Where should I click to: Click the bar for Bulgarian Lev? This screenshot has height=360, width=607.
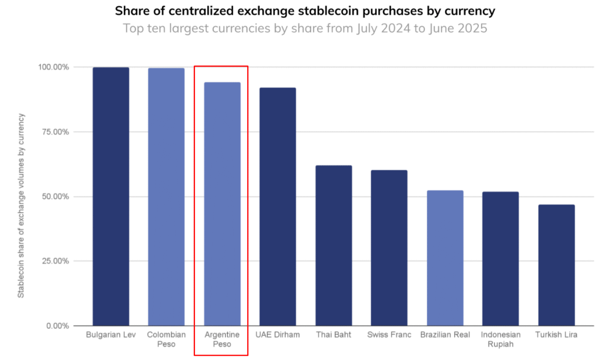[x=110, y=196]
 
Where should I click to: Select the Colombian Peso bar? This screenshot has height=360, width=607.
[x=166, y=196]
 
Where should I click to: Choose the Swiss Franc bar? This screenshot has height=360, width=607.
[x=389, y=247]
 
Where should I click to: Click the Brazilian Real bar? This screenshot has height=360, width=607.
[x=445, y=257]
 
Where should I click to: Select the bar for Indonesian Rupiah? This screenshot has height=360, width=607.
[x=500, y=258]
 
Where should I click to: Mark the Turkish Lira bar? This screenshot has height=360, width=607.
[x=556, y=265]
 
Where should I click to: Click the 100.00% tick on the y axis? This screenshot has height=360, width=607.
[x=54, y=67]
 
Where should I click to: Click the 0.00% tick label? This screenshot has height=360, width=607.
[x=57, y=326]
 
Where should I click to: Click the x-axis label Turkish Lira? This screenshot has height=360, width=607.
[x=556, y=335]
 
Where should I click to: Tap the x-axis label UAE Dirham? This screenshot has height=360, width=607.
[x=277, y=335]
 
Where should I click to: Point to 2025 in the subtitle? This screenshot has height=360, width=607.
[x=471, y=28]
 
